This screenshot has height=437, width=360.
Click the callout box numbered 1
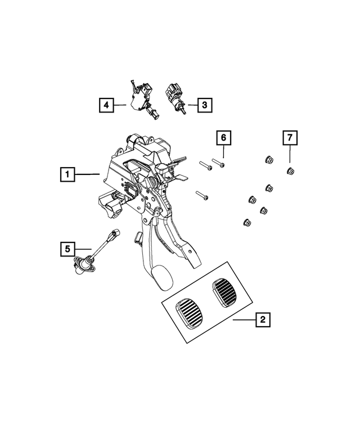click(67, 174)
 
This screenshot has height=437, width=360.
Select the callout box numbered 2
click(263, 319)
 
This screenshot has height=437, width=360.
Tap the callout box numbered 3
click(205, 105)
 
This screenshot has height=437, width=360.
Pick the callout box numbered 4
click(106, 105)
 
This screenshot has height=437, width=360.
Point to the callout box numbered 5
click(67, 249)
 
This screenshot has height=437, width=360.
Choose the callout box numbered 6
click(224, 138)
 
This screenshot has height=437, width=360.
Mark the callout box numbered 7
click(290, 138)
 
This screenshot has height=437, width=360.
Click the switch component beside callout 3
click(175, 98)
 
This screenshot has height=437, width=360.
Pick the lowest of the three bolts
click(202, 195)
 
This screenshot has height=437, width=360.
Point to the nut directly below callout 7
click(291, 170)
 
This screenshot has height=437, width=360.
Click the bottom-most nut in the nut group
click(247, 222)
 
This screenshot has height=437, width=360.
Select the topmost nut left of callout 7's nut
click(269, 160)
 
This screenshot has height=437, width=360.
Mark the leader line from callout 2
click(244, 320)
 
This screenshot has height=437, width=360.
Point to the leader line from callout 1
click(87, 174)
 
